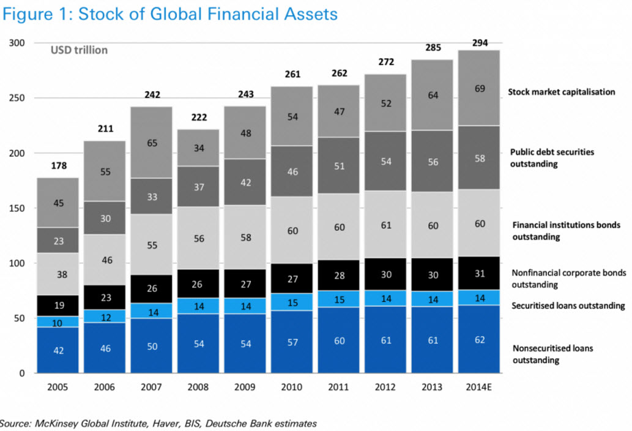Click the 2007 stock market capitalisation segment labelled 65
tap(152, 143)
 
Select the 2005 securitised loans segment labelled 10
tap(58, 322)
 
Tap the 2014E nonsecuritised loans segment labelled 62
tap(480, 339)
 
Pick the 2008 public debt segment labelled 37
tap(198, 186)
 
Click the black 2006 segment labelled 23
tap(105, 298)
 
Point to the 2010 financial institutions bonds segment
tap(292, 230)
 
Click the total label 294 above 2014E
tap(480, 43)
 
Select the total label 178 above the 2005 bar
tap(58, 166)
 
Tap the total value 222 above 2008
tap(198, 117)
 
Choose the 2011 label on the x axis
tap(339, 387)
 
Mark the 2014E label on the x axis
tap(480, 387)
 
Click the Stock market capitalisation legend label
tap(562, 92)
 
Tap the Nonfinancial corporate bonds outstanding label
tap(559, 279)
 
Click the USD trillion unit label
tap(79, 50)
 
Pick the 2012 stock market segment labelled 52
tap(386, 103)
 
